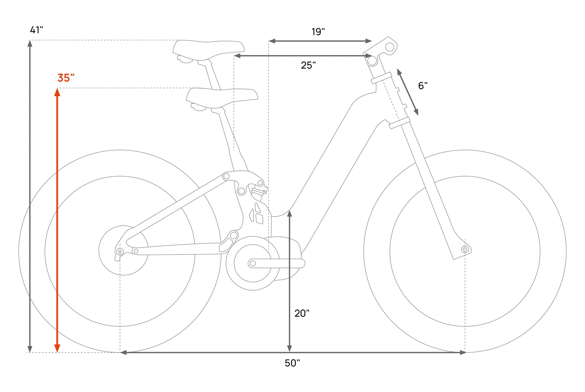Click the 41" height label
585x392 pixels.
pyautogui.click(x=37, y=30)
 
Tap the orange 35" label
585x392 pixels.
pyautogui.click(x=66, y=78)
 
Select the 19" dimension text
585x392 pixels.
pyautogui.click(x=318, y=32)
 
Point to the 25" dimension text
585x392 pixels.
pyautogui.click(x=308, y=65)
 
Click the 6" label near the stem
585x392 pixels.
pyautogui.click(x=423, y=86)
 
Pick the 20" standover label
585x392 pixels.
pyautogui.click(x=302, y=313)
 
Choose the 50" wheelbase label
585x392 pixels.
pyautogui.click(x=292, y=363)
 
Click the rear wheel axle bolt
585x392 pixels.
pyautogui.click(x=120, y=252)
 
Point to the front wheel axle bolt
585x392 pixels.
pyautogui.click(x=465, y=249)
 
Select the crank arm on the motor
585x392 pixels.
pyautogui.click(x=276, y=263)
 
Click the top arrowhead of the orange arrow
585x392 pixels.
pyautogui.click(x=57, y=92)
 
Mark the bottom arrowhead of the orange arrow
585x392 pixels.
pyautogui.click(x=57, y=348)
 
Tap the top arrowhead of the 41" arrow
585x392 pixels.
pyautogui.click(x=30, y=44)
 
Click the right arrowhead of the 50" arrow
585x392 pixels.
pyautogui.click(x=462, y=353)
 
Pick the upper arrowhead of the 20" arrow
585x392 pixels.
pyautogui.click(x=290, y=213)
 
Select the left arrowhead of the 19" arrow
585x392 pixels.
pyautogui.click(x=272, y=41)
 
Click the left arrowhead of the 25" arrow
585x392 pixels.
pyautogui.click(x=237, y=56)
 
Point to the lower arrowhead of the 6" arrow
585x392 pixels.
pyautogui.click(x=416, y=112)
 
